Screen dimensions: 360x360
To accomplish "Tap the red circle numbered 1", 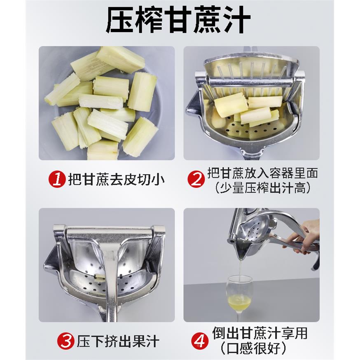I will point(57,180).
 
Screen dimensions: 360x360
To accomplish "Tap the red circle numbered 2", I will point(196,180).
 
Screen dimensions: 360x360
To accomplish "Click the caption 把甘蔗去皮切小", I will point(116,180).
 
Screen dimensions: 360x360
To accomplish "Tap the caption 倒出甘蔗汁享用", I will point(260,333).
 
